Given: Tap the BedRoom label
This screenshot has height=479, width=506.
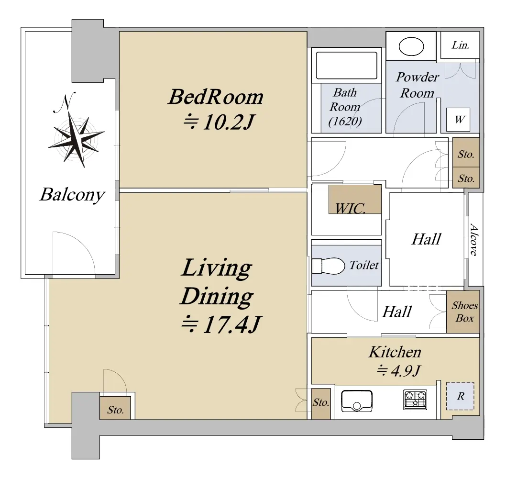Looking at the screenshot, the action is click(216, 97).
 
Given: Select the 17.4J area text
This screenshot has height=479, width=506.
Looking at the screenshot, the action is click(221, 325).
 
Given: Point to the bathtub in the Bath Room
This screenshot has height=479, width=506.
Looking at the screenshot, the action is click(347, 65).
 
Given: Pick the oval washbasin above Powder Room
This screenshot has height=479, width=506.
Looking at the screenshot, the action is click(411, 46).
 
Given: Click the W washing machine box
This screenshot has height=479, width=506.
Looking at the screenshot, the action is click(458, 120).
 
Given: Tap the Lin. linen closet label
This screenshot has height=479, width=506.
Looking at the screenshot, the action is click(461, 45).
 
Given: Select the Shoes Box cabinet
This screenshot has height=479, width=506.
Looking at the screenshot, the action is click(463, 312).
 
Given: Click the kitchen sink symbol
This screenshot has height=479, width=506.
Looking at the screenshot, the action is click(357, 401).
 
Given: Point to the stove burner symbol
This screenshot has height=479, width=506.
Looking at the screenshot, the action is click(415, 400).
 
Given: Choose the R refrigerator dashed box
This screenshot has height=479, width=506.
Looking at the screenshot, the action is click(460, 396).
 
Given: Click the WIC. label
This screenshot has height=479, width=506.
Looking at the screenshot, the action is click(351, 208).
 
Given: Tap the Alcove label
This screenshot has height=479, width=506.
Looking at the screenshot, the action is click(474, 239).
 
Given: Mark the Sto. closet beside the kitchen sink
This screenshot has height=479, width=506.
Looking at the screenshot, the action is click(321, 403).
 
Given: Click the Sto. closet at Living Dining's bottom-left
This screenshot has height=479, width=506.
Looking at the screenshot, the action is click(115, 408).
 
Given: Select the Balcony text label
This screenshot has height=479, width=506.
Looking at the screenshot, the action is click(73, 194).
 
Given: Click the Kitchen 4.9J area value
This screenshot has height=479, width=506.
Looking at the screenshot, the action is click(399, 370).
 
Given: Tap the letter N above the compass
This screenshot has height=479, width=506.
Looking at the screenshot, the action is click(65, 102).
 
